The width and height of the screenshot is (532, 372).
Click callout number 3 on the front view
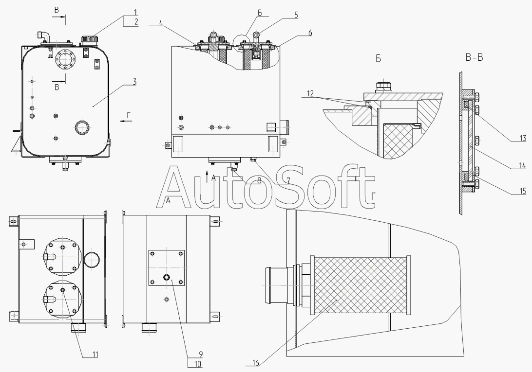[x=134, y=81]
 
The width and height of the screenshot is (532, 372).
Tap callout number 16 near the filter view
[x=255, y=362]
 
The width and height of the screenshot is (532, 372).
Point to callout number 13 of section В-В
[x=522, y=139]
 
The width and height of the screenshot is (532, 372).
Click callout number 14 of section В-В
[x=522, y=166]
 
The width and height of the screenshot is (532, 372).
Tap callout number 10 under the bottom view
[x=197, y=363]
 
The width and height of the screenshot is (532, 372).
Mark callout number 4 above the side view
[x=160, y=21]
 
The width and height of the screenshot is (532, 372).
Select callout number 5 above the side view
[x=296, y=15]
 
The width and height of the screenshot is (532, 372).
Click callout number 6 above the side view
[x=310, y=33]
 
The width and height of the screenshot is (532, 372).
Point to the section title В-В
[x=474, y=58]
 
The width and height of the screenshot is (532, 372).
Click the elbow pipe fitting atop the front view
[x=42, y=35]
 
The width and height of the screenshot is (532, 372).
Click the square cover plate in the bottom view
[x=167, y=268]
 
